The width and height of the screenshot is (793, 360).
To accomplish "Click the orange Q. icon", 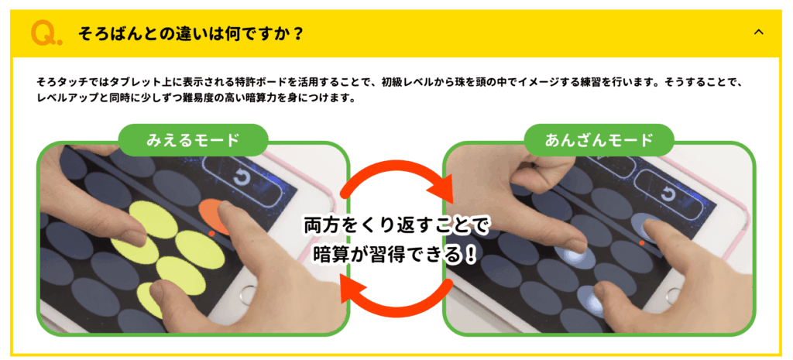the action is pyautogui.click(x=46, y=33).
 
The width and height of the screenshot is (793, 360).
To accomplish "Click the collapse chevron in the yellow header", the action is pyautogui.click(x=758, y=32).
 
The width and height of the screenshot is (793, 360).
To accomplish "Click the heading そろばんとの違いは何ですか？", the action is pyautogui.click(x=191, y=34).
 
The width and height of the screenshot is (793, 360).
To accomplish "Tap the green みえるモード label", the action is pyautogui.click(x=193, y=140).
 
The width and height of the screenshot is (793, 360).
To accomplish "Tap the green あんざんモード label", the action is pyautogui.click(x=599, y=140).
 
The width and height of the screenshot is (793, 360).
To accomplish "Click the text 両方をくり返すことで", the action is pyautogui.click(x=396, y=225).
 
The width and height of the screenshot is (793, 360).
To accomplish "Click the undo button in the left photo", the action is pyautogui.click(x=240, y=177).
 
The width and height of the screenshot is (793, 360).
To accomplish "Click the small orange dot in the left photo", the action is pyautogui.click(x=211, y=233).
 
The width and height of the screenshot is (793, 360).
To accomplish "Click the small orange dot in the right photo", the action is pyautogui.click(x=642, y=243).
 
